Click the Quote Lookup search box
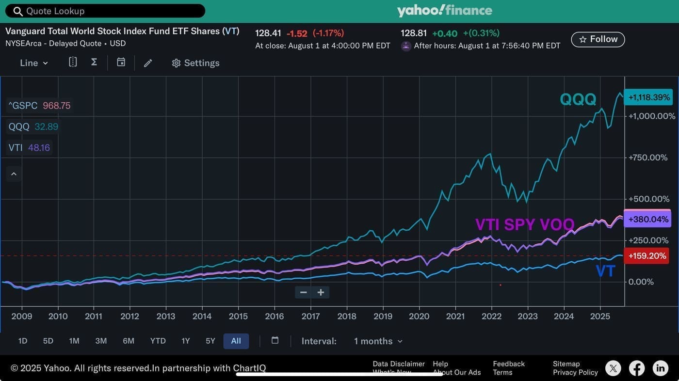[x=105, y=11]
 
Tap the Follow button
[x=598, y=39]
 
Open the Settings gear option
[x=195, y=63]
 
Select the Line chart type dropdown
[x=33, y=63]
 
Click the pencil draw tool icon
[x=148, y=63]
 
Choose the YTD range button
[x=158, y=341]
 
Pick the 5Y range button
[x=210, y=341]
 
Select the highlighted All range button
[x=236, y=341]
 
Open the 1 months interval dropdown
[x=378, y=341]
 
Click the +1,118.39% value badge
[x=648, y=97]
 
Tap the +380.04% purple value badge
[x=647, y=219]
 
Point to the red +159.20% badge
[x=647, y=256]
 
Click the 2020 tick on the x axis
[x=419, y=316]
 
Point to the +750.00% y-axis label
[x=648, y=158]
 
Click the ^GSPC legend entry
[x=39, y=105]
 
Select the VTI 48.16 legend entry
[x=29, y=147]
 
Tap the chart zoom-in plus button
[x=321, y=292]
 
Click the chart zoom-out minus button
[x=304, y=292]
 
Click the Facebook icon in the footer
[x=636, y=368]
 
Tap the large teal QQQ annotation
[x=578, y=99]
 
